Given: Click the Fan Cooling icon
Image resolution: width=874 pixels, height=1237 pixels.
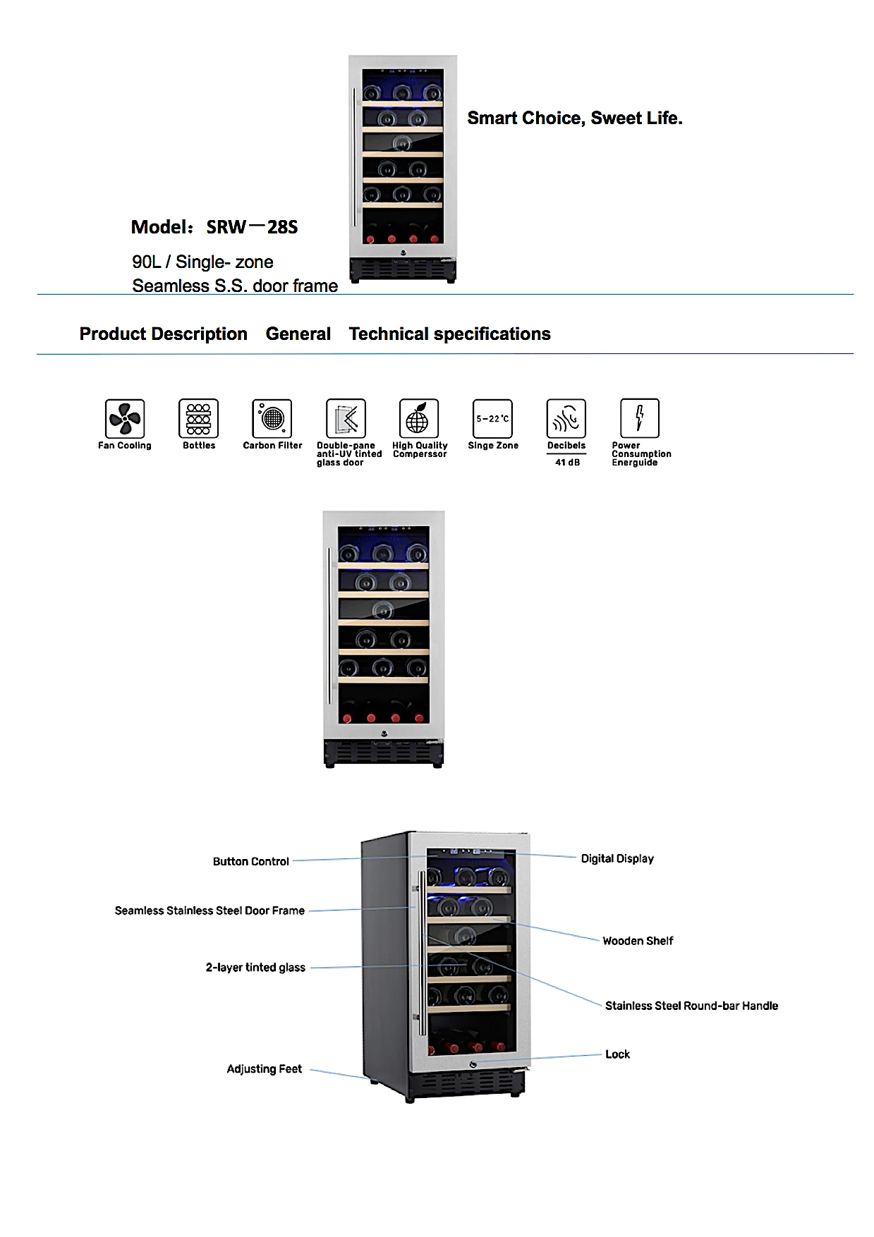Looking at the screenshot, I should pyautogui.click(x=125, y=418).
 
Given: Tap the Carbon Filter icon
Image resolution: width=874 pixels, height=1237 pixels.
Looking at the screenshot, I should pyautogui.click(x=272, y=418).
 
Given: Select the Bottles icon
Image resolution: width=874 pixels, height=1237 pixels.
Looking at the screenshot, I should pyautogui.click(x=198, y=418).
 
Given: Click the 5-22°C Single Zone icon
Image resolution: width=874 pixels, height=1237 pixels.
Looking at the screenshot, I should pyautogui.click(x=492, y=418).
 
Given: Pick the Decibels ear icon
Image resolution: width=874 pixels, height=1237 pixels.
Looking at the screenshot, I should pyautogui.click(x=566, y=418).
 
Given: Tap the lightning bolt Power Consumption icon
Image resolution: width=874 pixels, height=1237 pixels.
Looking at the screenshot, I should pyautogui.click(x=640, y=418).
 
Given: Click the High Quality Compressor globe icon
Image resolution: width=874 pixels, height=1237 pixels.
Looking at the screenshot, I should pyautogui.click(x=419, y=418).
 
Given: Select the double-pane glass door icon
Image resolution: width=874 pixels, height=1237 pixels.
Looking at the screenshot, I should pyautogui.click(x=346, y=418).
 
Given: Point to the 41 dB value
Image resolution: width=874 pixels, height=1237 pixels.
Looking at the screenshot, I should pyautogui.click(x=567, y=463).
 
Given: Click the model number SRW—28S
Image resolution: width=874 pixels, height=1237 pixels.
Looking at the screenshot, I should pyautogui.click(x=252, y=227).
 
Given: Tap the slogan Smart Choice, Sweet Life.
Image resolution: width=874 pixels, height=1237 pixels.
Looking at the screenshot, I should pyautogui.click(x=575, y=118).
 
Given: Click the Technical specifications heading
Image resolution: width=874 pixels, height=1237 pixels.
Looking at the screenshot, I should pyautogui.click(x=449, y=334).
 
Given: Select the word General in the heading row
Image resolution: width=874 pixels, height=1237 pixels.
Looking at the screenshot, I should pyautogui.click(x=298, y=334).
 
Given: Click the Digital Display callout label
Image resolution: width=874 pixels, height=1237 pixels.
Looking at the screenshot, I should pyautogui.click(x=617, y=858).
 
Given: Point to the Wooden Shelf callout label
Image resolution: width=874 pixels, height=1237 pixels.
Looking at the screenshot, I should pyautogui.click(x=638, y=941).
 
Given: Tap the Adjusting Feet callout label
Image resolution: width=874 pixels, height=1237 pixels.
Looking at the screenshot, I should pyautogui.click(x=264, y=1069).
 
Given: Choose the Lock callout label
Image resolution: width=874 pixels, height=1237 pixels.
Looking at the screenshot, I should pyautogui.click(x=617, y=1054).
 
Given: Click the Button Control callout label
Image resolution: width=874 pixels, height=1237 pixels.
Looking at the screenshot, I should pyautogui.click(x=250, y=862).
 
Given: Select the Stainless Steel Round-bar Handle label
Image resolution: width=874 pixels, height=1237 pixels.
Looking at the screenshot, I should pyautogui.click(x=691, y=1006).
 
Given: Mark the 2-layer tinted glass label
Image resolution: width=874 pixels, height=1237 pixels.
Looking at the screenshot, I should pyautogui.click(x=255, y=968).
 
